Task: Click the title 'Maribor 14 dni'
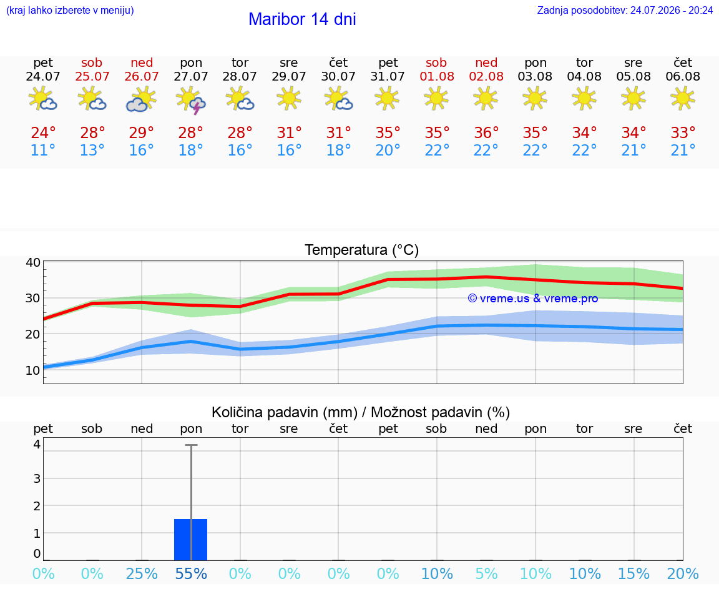302,19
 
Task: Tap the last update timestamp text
625,11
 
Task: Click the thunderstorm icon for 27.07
191,99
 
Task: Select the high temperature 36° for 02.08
486,132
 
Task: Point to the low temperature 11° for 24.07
43,150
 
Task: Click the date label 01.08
437,77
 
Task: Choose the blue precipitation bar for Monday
191,540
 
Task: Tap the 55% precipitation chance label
191,573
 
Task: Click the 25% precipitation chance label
142,573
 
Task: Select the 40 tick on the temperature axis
33,262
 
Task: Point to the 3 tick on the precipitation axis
37,478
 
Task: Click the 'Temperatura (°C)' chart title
362,250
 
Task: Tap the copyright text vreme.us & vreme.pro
533,299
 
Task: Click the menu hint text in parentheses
70,11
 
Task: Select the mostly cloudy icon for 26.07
141,99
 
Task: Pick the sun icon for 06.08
683,98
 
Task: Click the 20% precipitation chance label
683,573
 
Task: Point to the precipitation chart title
361,412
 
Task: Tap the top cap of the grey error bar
191,445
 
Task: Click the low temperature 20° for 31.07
388,150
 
